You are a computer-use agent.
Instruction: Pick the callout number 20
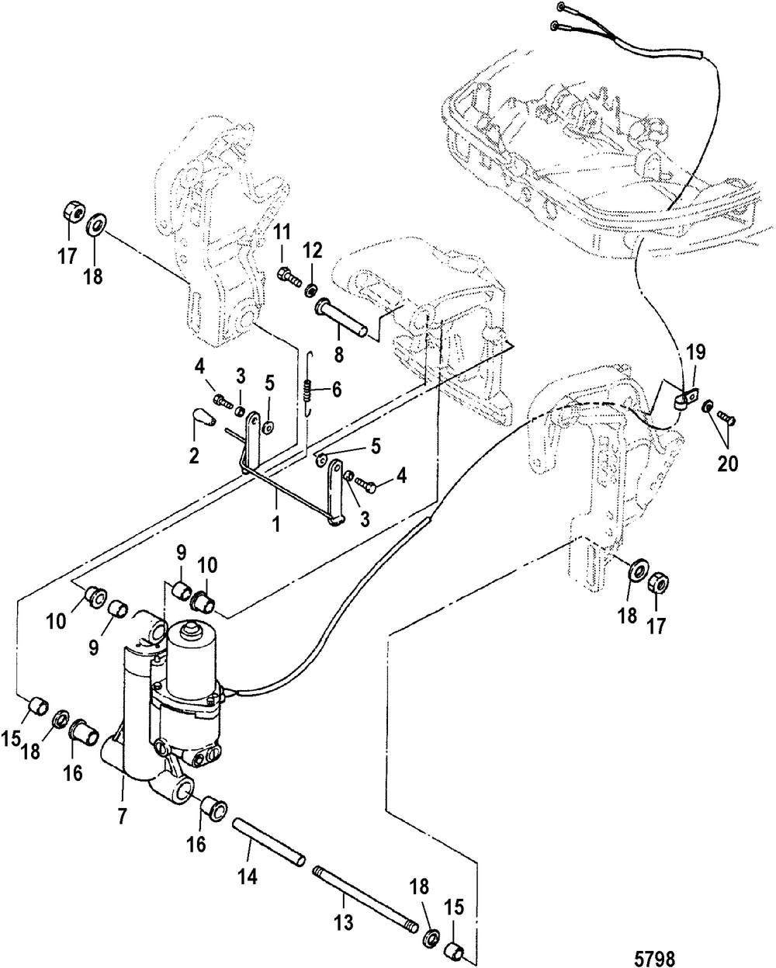coord(728,464)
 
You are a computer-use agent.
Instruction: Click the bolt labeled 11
coord(289,276)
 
